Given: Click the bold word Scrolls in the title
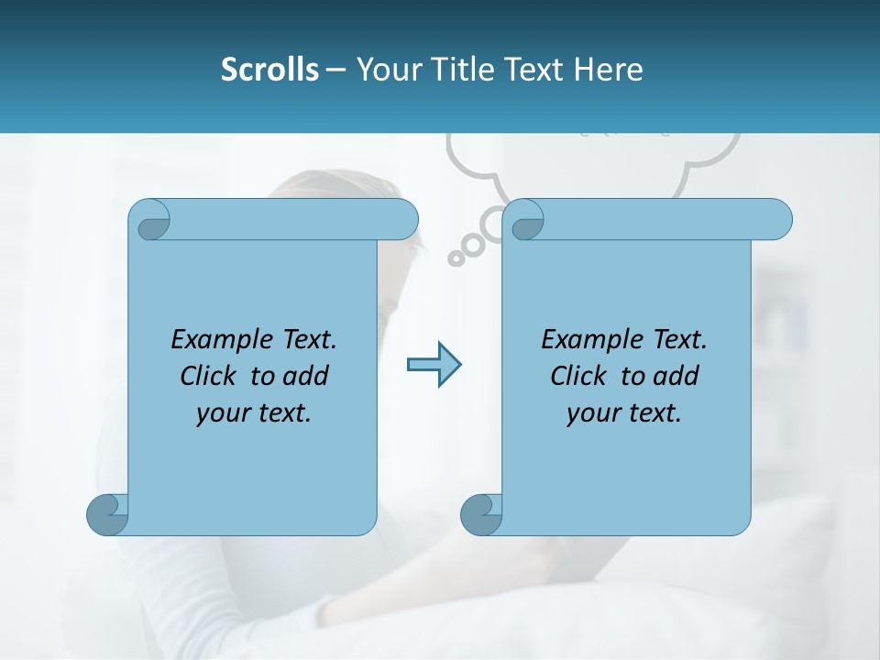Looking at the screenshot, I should (x=269, y=70).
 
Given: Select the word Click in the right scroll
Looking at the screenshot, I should (x=579, y=377).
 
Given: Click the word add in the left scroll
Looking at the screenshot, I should (x=306, y=377).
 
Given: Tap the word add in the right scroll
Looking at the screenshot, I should (x=676, y=377).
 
